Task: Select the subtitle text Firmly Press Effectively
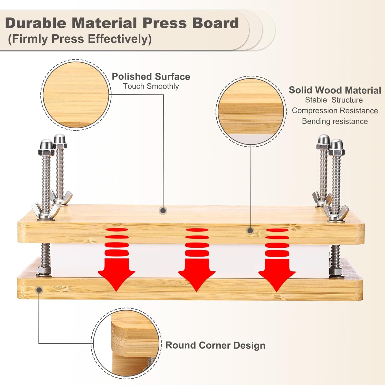[x=80, y=39]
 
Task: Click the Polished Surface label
[x=151, y=76]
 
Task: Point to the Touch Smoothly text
[x=151, y=86]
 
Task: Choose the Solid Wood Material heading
[x=335, y=90]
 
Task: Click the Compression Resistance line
[x=335, y=111]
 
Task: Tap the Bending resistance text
[x=335, y=121]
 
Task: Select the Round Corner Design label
[x=215, y=345]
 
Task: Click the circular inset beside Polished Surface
[x=76, y=95]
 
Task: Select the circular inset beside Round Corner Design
[x=126, y=343]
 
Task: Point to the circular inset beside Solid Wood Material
[x=251, y=111]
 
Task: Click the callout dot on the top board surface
[x=163, y=211]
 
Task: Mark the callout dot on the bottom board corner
[x=39, y=290]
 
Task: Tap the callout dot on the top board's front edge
[x=250, y=230]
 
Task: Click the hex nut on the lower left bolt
[x=44, y=271]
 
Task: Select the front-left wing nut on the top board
[x=46, y=211]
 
